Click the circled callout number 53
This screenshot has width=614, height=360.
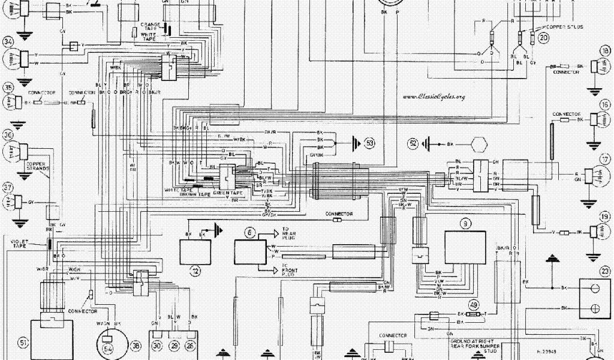pos(370,143)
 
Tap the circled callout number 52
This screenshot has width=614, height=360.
pos(413,143)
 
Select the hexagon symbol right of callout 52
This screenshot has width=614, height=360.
pos(478,145)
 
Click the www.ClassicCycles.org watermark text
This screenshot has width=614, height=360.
pos(434,97)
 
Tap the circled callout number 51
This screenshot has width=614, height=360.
pos(23,343)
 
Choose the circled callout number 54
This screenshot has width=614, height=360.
pos(109,347)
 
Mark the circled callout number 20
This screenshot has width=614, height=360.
pos(543,37)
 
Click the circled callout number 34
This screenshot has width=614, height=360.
pos(8,42)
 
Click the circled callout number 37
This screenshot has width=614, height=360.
pos(8,185)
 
